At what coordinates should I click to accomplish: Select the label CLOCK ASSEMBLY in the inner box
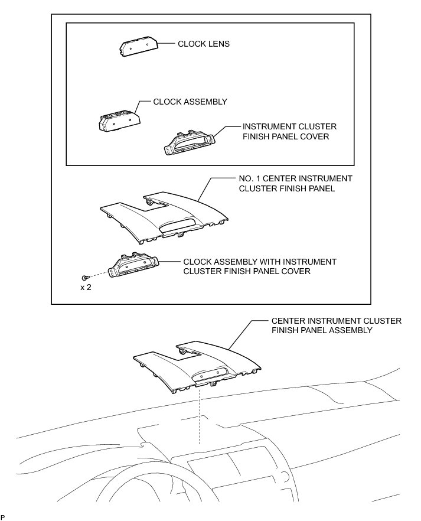(190, 102)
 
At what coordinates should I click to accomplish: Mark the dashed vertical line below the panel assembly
(200, 413)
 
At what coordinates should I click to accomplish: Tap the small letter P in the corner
(3, 517)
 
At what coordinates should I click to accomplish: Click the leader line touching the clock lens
(168, 44)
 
